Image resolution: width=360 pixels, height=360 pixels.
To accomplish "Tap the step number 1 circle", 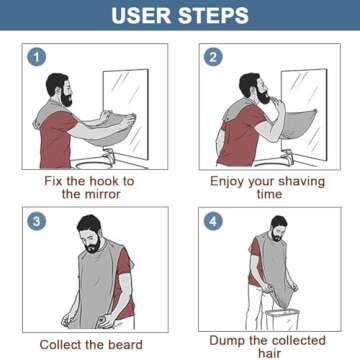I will (x=37, y=57).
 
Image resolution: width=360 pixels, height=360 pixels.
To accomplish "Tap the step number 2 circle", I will (x=213, y=57).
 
